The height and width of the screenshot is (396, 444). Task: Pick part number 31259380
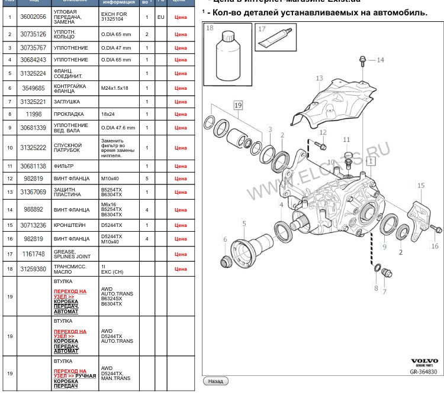pos(34,269)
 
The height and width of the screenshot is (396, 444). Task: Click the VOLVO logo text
pos(424,360)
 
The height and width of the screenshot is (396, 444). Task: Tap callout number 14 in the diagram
pos(380,60)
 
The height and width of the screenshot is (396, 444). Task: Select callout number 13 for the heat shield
pos(319,78)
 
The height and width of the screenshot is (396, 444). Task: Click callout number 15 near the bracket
pos(421,186)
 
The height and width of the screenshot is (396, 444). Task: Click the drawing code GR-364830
pos(424,372)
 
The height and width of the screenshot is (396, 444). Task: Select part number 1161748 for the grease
pos(34,254)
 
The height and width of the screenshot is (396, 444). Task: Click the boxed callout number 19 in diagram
pos(238,105)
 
